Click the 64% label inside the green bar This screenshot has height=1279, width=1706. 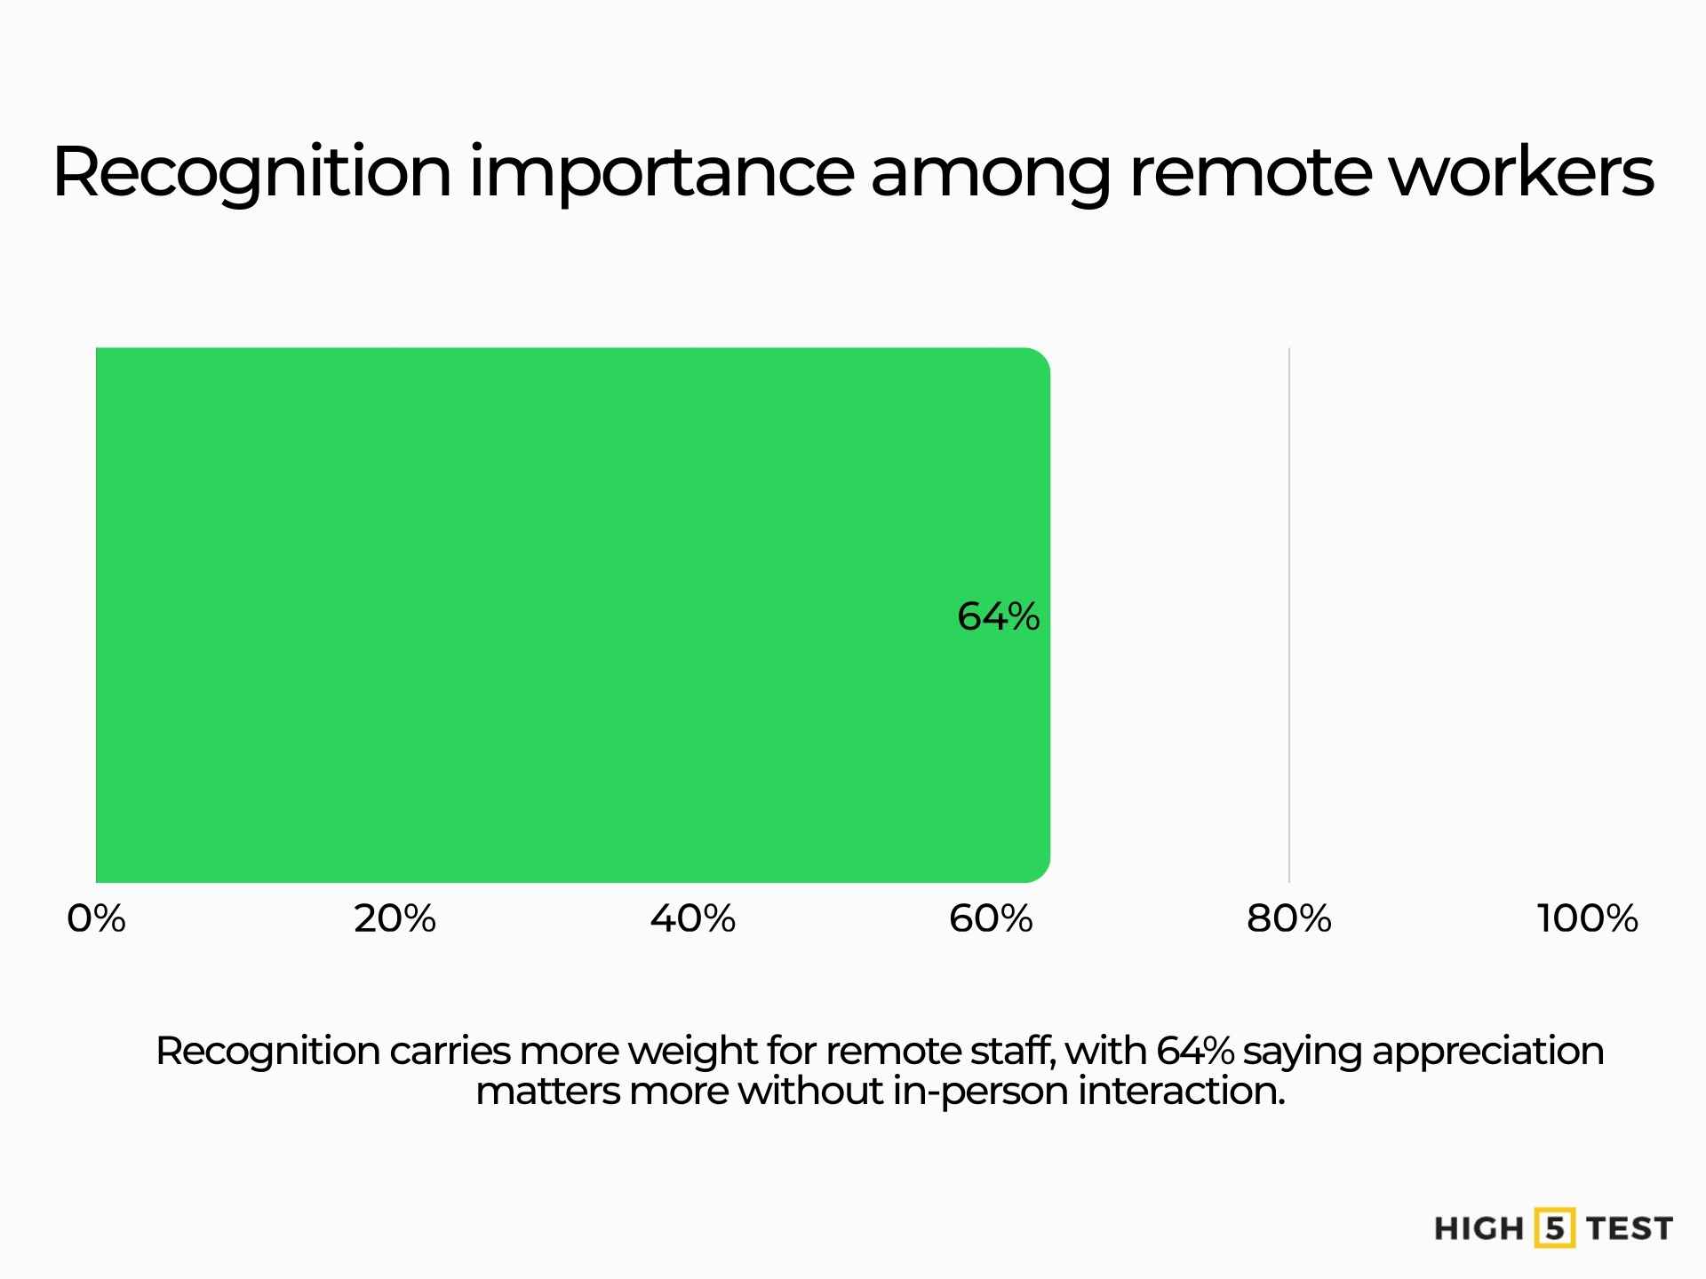click(998, 616)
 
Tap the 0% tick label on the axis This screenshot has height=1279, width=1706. click(96, 918)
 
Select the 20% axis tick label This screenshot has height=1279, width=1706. click(395, 918)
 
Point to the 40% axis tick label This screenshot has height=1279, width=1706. click(693, 918)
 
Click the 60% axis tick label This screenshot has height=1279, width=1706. click(991, 918)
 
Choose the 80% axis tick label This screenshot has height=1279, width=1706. click(1289, 918)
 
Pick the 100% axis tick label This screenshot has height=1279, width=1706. click(1587, 918)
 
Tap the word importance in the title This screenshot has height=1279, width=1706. click(662, 172)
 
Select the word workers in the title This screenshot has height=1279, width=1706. click(1521, 172)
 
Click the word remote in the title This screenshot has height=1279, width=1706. click(1249, 172)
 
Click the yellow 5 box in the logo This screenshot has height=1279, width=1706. click(1554, 1228)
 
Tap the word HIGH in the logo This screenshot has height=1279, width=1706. click(1479, 1229)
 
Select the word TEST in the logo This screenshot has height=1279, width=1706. click(1630, 1229)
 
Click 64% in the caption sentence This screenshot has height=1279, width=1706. click(1195, 1051)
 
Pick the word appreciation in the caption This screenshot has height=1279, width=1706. click(1488, 1052)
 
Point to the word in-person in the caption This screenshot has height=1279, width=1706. click(980, 1091)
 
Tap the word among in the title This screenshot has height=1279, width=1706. click(991, 172)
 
